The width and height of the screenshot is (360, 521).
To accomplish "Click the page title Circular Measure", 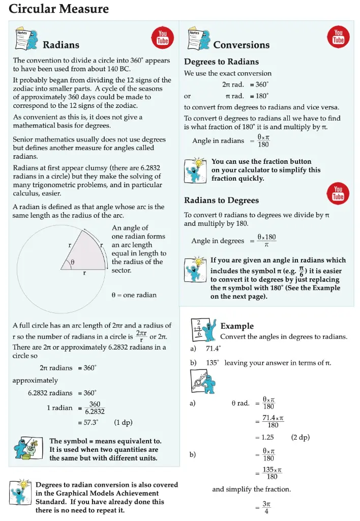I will click(59, 9).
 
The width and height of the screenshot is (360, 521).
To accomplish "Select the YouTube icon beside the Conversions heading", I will click(338, 36).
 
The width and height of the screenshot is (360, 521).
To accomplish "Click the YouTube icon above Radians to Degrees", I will click(338, 193).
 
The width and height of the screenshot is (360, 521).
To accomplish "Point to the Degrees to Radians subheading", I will click(221, 62).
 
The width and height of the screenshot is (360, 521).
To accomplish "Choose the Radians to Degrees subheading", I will click(221, 200).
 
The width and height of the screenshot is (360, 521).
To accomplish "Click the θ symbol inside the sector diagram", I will click(73, 263).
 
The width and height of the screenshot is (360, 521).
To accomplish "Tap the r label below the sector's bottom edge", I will click(84, 273).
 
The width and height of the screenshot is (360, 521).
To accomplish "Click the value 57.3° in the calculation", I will click(89, 422).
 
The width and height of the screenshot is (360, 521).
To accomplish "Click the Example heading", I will click(237, 326).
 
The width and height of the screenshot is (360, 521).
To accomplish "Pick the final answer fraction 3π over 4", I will click(266, 507).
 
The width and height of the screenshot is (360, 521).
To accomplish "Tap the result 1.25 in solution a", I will click(267, 438).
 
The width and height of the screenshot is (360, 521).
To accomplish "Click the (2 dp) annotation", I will click(301, 438).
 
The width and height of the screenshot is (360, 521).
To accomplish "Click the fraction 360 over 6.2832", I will click(95, 408).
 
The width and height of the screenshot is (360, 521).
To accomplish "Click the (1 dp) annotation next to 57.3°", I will click(124, 422).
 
